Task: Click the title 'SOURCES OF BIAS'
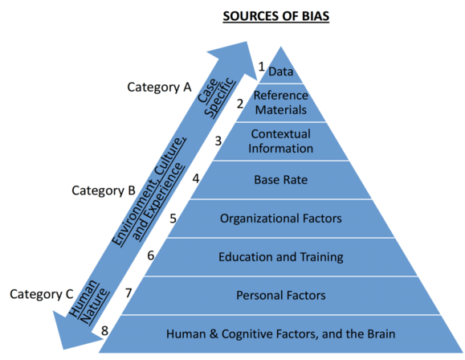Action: pos(275,16)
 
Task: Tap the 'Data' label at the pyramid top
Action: pos(280,72)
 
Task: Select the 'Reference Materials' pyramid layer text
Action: pos(281,103)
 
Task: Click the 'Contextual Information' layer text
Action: pos(280,141)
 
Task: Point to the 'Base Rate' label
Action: pos(280,180)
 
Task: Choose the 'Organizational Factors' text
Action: pos(280,219)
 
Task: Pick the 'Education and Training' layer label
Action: pos(280,257)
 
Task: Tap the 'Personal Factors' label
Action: pos(280,295)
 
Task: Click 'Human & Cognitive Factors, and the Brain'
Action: pos(280,333)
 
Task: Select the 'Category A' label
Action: pos(159,88)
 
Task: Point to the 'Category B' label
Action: pos(104,190)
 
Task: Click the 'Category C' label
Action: pos(41,294)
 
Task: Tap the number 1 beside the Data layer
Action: pos(261,67)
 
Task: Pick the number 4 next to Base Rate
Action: pos(196,178)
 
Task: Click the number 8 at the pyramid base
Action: pos(104,330)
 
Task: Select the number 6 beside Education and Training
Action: pos(151,256)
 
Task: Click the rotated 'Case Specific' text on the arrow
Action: pos(216,96)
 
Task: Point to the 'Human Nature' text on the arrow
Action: pos(88,302)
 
